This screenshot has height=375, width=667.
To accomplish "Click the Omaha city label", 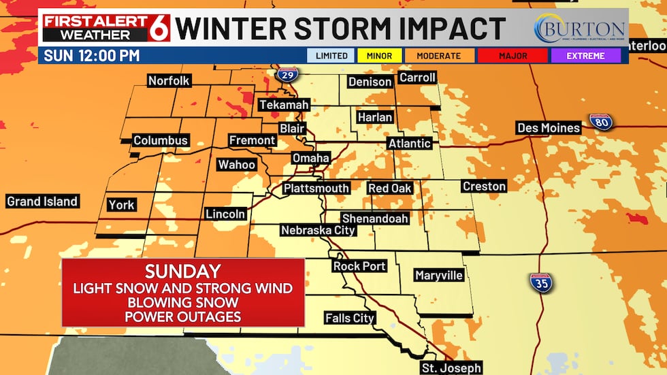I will click(310, 158).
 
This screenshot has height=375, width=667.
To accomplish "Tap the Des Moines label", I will click(548, 128).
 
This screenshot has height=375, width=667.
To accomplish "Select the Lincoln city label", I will click(225, 214).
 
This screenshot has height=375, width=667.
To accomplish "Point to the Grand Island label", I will click(42, 201).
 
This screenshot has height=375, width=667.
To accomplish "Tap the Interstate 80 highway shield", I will click(600, 121).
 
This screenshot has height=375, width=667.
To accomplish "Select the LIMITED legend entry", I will click(331, 56).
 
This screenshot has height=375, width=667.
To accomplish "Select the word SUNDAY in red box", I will click(183, 271).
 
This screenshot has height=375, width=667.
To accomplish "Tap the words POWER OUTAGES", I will click(183, 316).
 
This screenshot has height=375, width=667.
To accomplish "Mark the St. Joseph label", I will click(451, 368).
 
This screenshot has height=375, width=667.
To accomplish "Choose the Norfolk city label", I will click(169, 81).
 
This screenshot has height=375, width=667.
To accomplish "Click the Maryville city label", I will click(439, 275).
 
